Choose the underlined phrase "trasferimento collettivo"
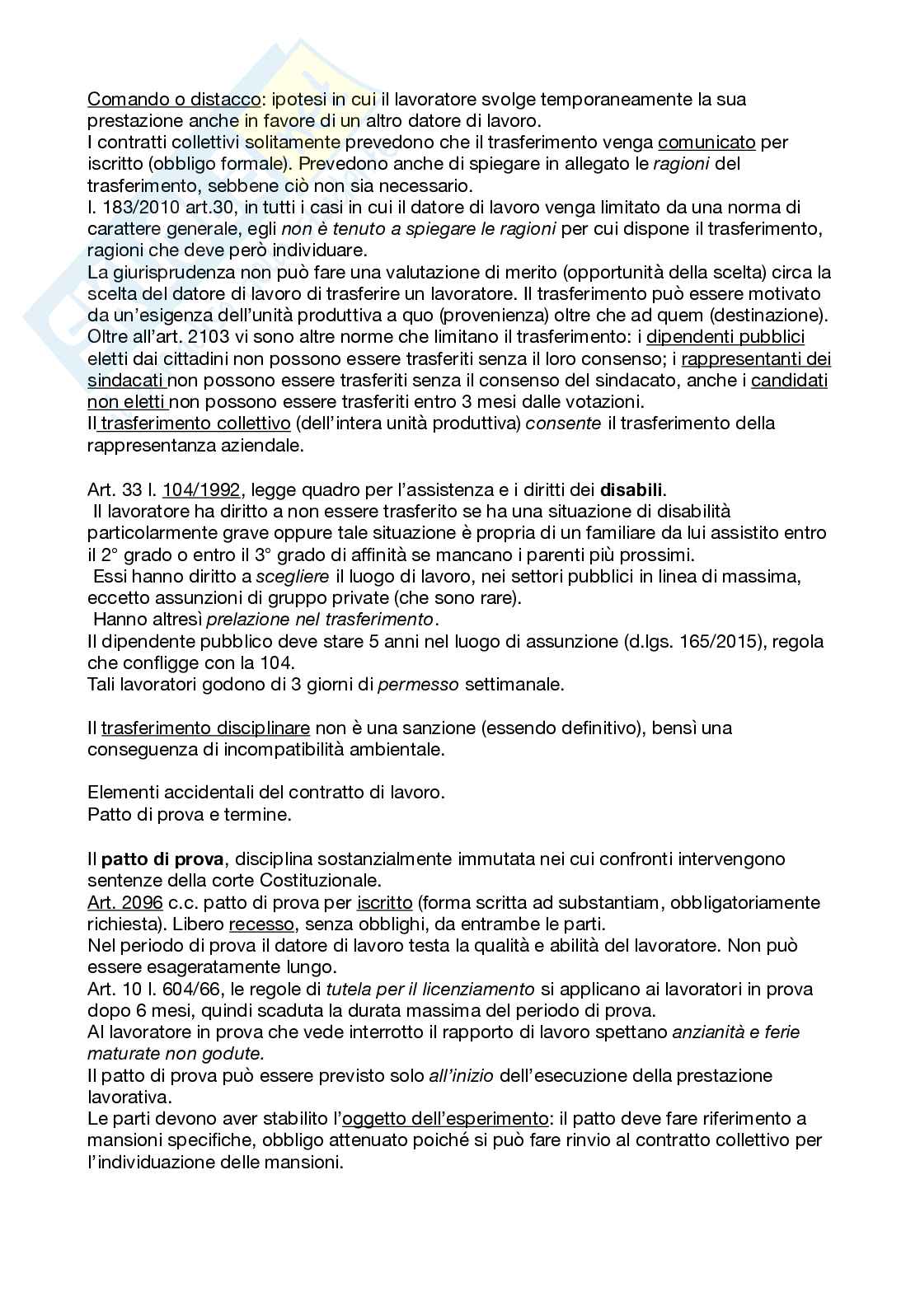pos(193,424)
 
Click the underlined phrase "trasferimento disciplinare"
pos(205,728)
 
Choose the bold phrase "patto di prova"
pos(162,859)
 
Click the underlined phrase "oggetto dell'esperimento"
pos(445,1119)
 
